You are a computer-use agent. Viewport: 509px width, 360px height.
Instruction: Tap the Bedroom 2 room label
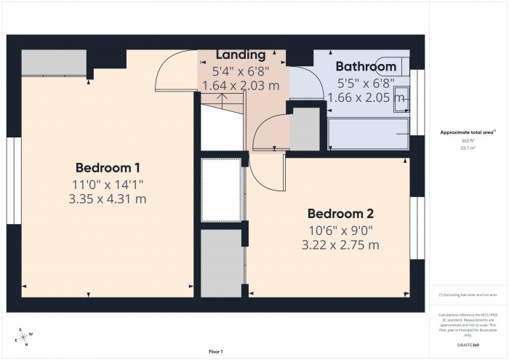point(340,214)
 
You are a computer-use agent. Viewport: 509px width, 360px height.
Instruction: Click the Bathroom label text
point(365,67)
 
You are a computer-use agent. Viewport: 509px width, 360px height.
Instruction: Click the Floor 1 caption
point(215,351)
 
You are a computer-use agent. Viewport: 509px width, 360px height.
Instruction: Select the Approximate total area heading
point(468,132)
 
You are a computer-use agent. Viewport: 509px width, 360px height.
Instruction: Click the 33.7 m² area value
point(468,148)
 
